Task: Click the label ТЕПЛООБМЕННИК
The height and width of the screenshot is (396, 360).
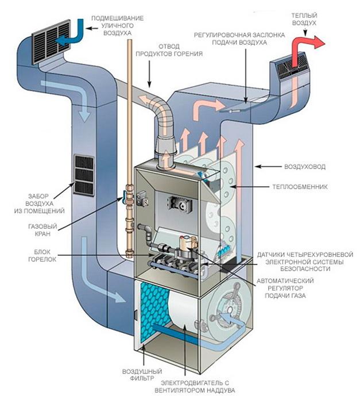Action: [x=307, y=187]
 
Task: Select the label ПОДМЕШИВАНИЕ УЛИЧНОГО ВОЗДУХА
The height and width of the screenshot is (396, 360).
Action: [x=113, y=26]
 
